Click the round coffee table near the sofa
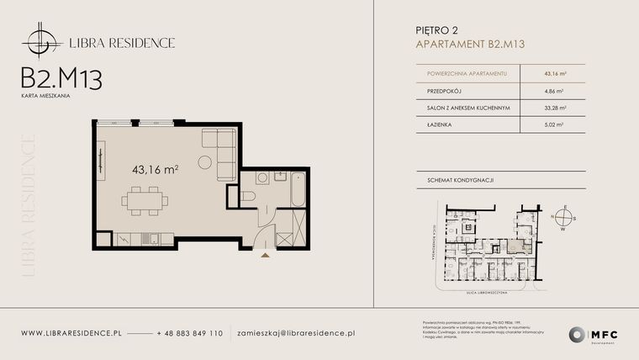(x=205, y=161)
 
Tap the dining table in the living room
(x=144, y=201)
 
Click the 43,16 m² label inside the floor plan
(x=155, y=169)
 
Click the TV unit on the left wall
(x=100, y=160)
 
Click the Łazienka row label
(x=428, y=124)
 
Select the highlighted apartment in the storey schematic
(x=515, y=246)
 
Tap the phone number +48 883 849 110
(x=190, y=334)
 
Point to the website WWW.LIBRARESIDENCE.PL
(x=71, y=334)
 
